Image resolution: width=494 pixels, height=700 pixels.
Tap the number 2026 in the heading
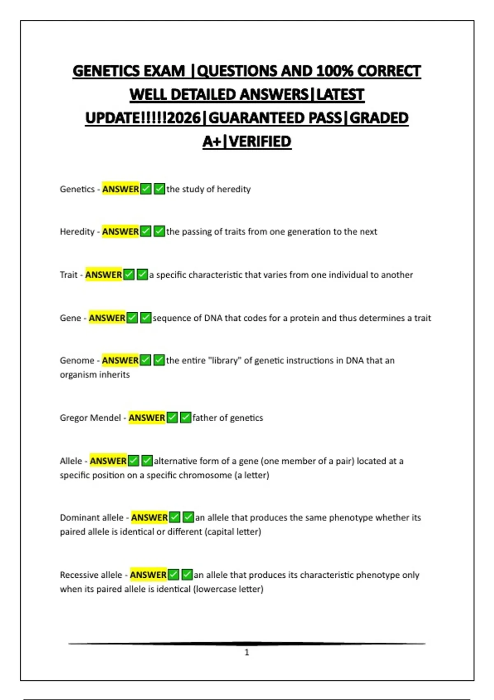tap(184, 118)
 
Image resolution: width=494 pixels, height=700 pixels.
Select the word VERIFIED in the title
tap(260, 142)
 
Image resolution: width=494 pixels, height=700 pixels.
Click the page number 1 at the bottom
tap(247, 652)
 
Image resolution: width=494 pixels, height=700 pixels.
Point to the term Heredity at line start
tap(77, 232)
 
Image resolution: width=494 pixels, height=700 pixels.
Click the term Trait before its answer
tap(68, 275)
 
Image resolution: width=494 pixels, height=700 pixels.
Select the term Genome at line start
tap(77, 361)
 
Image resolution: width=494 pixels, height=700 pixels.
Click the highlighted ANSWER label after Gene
tap(107, 318)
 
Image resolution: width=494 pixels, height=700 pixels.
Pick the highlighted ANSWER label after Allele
tap(108, 461)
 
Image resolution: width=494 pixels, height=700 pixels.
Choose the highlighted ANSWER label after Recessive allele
tap(148, 575)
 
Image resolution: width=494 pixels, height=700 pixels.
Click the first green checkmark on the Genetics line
tap(146, 189)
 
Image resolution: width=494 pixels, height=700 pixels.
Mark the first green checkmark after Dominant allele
tap(175, 517)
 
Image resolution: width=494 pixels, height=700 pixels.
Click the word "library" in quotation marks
tap(225, 361)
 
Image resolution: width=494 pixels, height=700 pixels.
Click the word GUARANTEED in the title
tap(275, 118)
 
